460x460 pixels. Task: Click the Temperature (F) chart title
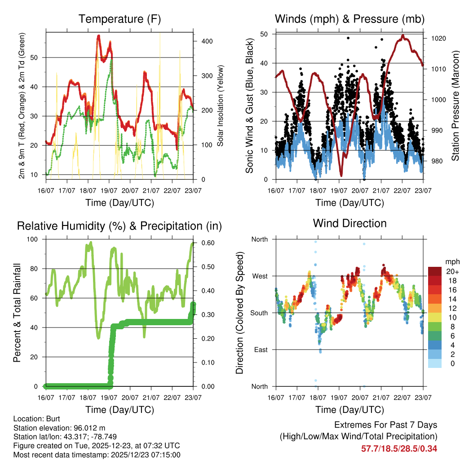coord(119,19)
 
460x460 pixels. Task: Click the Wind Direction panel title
coord(349,223)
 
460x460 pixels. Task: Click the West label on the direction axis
coord(259,276)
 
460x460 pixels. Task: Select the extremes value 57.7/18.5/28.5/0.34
coord(399,448)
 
